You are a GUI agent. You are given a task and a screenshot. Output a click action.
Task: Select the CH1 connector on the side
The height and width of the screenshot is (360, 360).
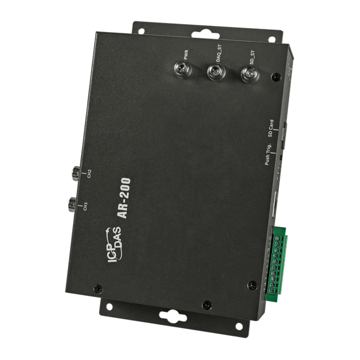(73, 203)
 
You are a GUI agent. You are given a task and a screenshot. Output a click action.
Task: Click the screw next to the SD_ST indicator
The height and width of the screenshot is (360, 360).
(274, 77)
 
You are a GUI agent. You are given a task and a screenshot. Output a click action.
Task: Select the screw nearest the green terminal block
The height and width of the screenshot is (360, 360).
(253, 285)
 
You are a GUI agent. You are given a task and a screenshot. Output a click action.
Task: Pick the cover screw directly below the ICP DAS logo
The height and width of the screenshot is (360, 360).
(98, 287)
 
